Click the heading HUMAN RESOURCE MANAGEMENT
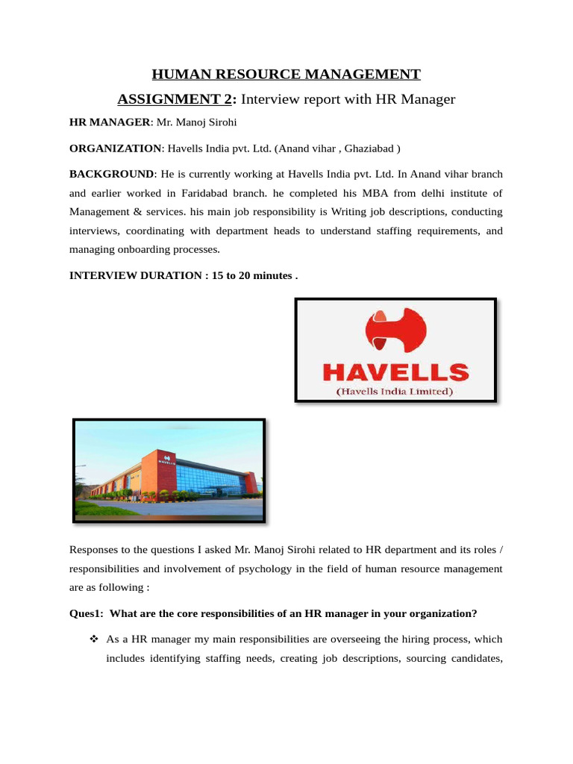286,74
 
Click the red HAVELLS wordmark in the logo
395,372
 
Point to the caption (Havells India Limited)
395,390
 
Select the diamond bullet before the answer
94,639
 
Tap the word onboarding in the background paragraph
142,250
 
